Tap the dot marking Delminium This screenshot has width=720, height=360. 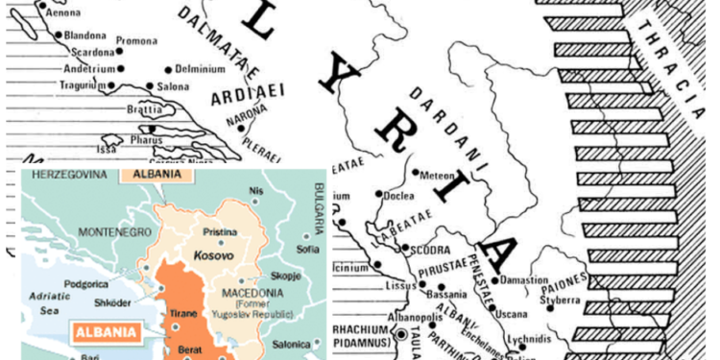[169, 69]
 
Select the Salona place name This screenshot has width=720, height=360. [173, 87]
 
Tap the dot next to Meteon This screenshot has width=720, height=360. [413, 174]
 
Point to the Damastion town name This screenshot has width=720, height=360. [527, 281]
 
